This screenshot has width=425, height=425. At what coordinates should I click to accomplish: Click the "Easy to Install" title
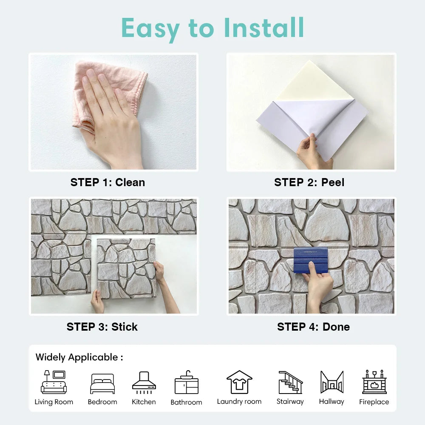tap(212, 28)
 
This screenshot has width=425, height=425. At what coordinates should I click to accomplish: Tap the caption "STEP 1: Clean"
tap(108, 182)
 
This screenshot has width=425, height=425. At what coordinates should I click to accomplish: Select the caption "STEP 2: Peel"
tap(309, 182)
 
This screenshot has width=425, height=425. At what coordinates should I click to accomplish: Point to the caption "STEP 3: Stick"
tap(102, 327)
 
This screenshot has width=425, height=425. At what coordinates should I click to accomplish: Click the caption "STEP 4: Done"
tap(313, 327)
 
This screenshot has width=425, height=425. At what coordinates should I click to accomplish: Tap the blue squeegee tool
tap(310, 260)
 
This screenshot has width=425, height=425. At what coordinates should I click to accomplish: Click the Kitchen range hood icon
tap(144, 381)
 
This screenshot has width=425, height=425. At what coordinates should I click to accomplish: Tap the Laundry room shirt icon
tap(239, 382)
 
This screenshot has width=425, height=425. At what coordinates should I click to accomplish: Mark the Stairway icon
tap(290, 382)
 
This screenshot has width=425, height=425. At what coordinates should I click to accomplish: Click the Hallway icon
tap(331, 382)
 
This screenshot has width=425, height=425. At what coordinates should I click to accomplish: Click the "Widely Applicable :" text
tap(79, 357)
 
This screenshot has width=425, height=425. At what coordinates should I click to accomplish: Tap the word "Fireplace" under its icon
tap(374, 402)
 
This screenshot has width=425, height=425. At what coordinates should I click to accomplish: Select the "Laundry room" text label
tap(239, 402)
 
